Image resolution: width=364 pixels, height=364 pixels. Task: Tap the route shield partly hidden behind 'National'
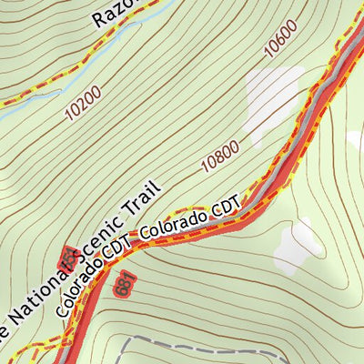(x=65, y=258)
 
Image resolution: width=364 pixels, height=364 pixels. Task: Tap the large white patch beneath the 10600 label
(x=273, y=91)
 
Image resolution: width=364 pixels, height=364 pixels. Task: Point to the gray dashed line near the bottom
(x=191, y=339)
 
